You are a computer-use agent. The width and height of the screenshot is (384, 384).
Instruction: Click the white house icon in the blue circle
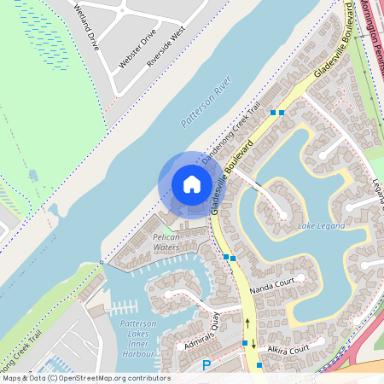(191, 184)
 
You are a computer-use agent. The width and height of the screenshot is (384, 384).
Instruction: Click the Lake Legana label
(321, 226)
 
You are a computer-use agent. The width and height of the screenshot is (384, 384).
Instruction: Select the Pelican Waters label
(154, 241)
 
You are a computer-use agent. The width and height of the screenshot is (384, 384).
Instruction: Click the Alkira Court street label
(287, 351)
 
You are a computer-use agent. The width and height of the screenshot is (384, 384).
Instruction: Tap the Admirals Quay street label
(203, 335)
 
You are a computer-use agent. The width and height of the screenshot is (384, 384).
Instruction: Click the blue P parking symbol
(206, 365)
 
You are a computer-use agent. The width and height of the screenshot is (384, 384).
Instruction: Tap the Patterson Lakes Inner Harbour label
(137, 338)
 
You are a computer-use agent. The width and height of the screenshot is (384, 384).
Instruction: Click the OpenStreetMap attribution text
(85, 378)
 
